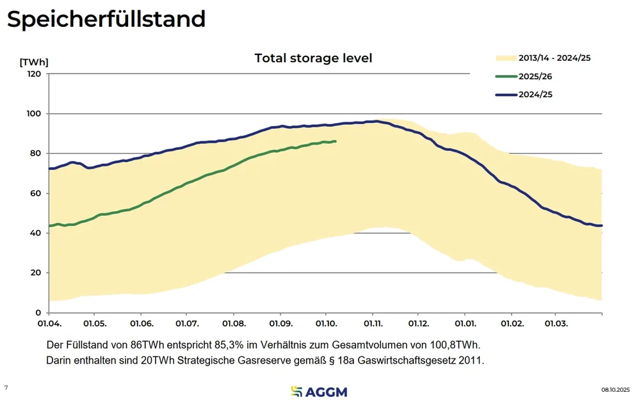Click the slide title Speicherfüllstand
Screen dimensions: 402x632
(x=106, y=19)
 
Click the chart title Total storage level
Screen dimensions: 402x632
(x=313, y=58)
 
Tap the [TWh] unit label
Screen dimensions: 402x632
(x=34, y=62)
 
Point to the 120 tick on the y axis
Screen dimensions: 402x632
(x=34, y=74)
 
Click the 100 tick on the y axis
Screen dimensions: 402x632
(x=34, y=114)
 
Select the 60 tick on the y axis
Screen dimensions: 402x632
(x=35, y=193)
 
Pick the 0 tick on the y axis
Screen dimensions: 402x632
(x=38, y=312)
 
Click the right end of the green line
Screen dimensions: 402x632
(x=336, y=141)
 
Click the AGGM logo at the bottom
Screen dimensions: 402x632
(x=318, y=390)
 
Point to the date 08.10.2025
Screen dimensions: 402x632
(x=615, y=389)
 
